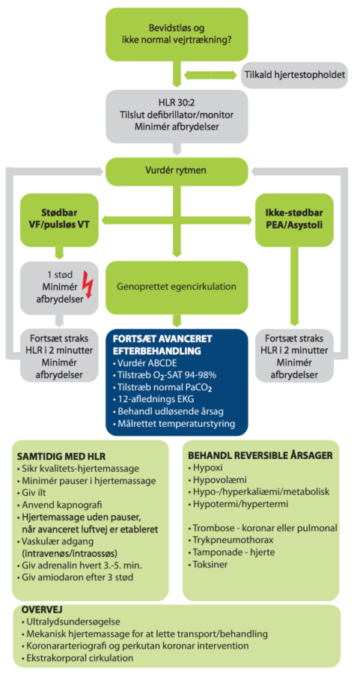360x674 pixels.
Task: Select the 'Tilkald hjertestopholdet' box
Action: pos(295,75)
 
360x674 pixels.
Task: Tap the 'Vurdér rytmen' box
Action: pos(177,170)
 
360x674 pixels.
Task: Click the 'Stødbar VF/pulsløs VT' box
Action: pos(60,219)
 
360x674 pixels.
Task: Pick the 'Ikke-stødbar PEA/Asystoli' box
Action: pos(294,219)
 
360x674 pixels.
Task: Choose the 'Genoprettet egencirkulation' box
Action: pos(177,287)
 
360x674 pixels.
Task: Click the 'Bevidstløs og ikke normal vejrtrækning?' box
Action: pos(177,34)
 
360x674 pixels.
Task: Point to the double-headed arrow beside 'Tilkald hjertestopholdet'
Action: pos(210,75)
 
